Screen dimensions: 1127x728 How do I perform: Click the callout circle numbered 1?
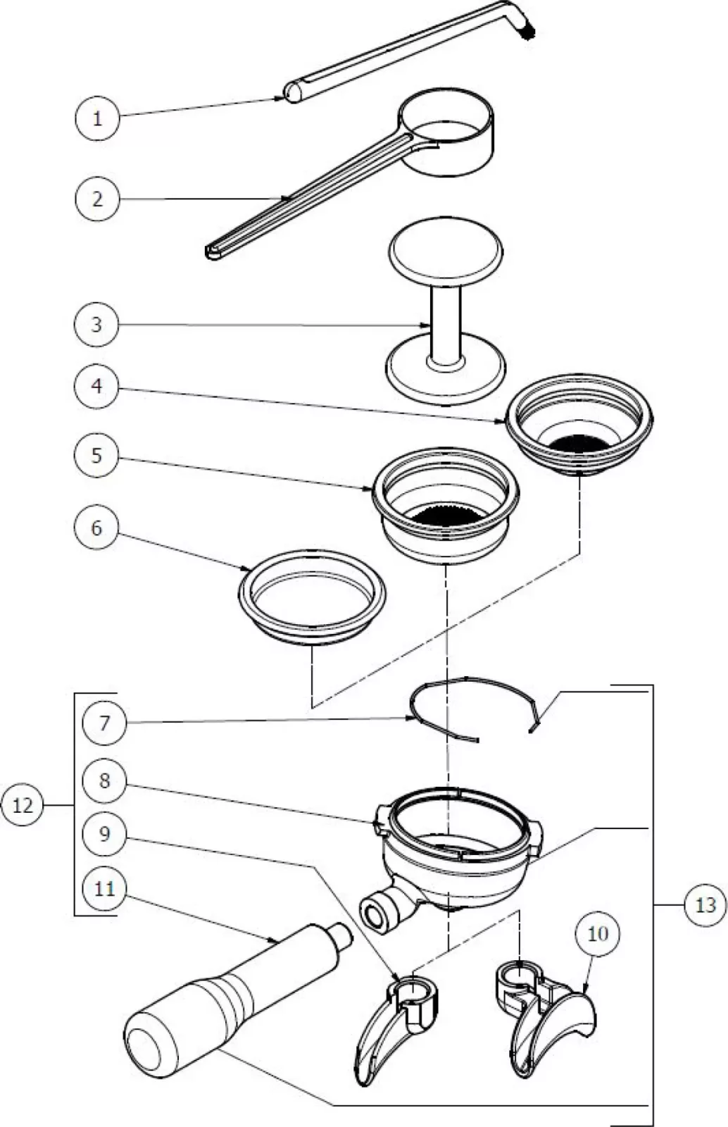pyautogui.click(x=97, y=118)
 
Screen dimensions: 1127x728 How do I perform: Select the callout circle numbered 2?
pyautogui.click(x=97, y=199)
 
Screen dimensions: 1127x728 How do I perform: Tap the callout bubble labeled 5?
pyautogui.click(x=97, y=455)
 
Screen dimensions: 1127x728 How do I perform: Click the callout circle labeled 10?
pyautogui.click(x=597, y=935)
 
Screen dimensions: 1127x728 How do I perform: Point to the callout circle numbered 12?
pyautogui.click(x=23, y=805)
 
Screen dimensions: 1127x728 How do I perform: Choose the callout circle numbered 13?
pyautogui.click(x=705, y=905)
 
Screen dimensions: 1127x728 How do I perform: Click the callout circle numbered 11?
pyautogui.click(x=104, y=889)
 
